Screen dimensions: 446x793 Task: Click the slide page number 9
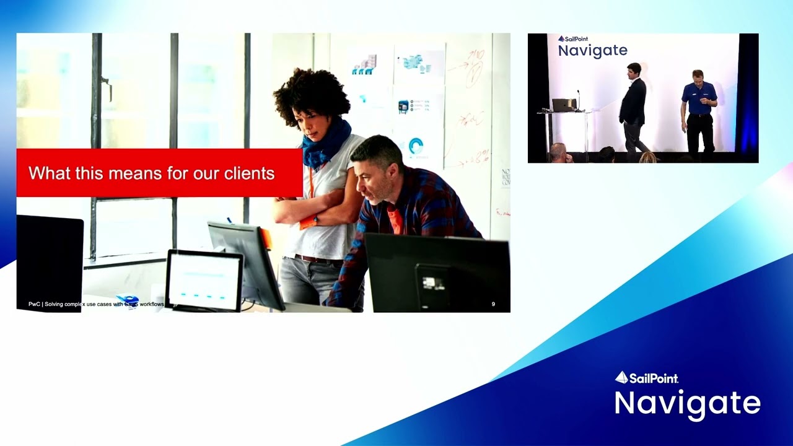tap(493, 304)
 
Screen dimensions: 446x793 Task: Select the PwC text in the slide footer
tap(33, 304)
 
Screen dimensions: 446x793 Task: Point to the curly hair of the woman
tap(311, 93)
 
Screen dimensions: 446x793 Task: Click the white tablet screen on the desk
tap(204, 281)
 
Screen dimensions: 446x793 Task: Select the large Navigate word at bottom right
tap(687, 403)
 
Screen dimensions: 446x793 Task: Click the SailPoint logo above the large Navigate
tap(647, 377)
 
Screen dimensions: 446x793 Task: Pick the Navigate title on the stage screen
tap(592, 51)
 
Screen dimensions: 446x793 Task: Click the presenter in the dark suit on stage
tap(633, 105)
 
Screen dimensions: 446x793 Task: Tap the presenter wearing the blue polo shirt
tap(699, 108)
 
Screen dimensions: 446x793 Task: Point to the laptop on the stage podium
tap(564, 105)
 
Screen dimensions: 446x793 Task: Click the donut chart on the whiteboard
tap(416, 146)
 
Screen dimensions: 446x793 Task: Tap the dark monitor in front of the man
tap(437, 273)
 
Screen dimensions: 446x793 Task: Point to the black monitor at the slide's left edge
tap(50, 260)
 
